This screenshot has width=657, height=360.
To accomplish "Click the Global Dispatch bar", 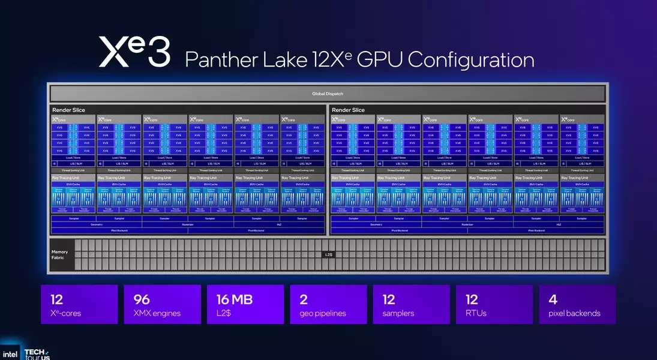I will coord(328,94).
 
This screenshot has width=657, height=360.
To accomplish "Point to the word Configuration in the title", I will coord(473,60).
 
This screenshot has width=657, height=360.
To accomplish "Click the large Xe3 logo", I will coord(134,52).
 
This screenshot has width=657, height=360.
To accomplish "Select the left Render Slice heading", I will coord(68,110).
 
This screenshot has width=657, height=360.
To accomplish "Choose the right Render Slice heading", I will coord(348,110).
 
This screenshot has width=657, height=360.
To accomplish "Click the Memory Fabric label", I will coord(60,255).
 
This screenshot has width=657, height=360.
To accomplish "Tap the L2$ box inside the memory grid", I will coord(328,255).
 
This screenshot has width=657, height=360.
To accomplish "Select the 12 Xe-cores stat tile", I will coord(79,305).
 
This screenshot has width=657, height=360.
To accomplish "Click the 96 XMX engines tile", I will coord(162,305).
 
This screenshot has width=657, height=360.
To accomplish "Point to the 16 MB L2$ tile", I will coord(245,305).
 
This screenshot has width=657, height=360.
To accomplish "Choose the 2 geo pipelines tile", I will coord(328,305).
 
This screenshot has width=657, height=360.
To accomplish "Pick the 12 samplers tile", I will coord(411,305).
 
